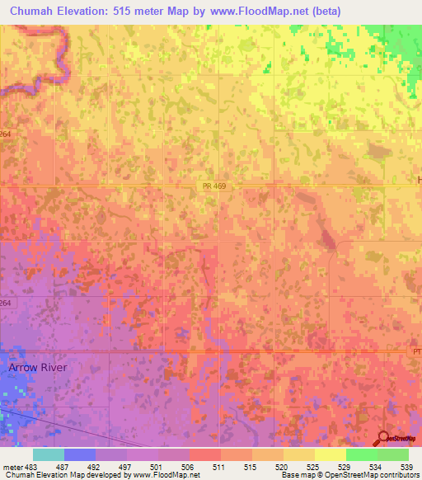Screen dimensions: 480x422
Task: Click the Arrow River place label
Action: coord(39,367)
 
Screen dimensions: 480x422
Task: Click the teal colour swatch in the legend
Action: coord(49,454)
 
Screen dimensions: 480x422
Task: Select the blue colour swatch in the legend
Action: coord(80,454)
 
